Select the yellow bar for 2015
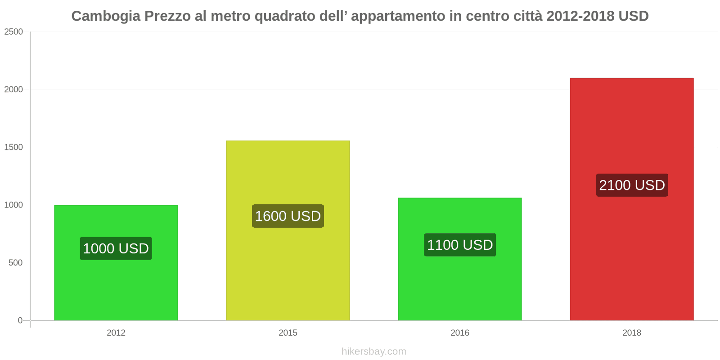click(x=288, y=270)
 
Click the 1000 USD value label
click(x=116, y=248)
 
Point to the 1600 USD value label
click(x=288, y=216)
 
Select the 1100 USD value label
click(x=460, y=245)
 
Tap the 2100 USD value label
click(x=632, y=185)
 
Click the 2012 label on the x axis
click(x=116, y=333)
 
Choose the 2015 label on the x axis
click(x=288, y=333)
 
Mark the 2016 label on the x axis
click(x=460, y=333)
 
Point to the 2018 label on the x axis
click(x=632, y=333)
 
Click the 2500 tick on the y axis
click(x=13, y=32)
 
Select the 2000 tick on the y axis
click(x=13, y=90)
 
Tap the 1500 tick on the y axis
click(x=13, y=147)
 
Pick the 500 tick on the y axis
click(x=16, y=263)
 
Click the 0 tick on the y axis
click(x=20, y=320)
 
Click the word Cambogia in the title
click(x=106, y=16)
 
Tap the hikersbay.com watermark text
click(x=373, y=351)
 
